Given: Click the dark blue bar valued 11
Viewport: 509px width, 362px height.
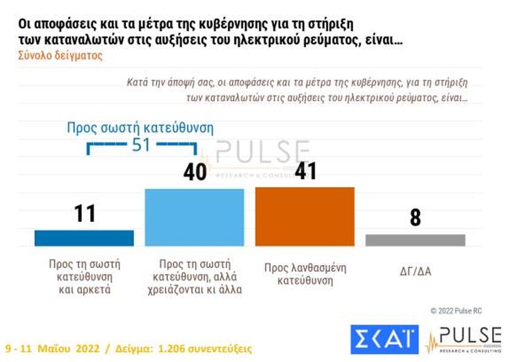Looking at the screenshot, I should pos(84,238).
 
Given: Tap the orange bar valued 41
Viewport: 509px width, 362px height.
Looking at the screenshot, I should pos(305,216).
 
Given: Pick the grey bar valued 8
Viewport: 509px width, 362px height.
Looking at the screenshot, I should pos(415,240).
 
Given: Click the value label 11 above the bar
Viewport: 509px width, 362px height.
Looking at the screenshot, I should pos(85,213).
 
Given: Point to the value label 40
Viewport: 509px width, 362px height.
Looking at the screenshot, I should pos(195,172).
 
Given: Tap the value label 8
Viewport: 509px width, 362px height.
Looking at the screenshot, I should pos(415,218).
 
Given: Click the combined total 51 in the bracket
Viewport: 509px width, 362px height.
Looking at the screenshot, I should pos(142,146).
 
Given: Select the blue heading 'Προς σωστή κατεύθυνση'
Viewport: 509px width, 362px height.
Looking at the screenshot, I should pos(140,128).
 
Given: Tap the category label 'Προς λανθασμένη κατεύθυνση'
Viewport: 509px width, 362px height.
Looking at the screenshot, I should pos(305,273).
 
